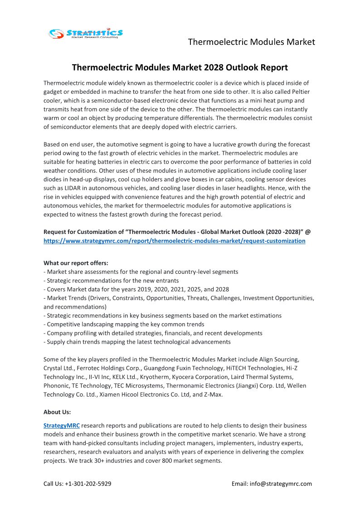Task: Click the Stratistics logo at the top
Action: (x=86, y=33)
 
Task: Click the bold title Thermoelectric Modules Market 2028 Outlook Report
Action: (x=180, y=68)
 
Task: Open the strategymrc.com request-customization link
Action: (x=174, y=241)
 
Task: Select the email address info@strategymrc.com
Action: (x=281, y=484)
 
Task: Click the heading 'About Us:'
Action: (x=57, y=412)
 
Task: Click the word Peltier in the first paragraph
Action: (x=299, y=92)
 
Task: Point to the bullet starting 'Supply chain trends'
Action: (x=137, y=342)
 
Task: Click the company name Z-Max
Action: (x=212, y=394)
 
